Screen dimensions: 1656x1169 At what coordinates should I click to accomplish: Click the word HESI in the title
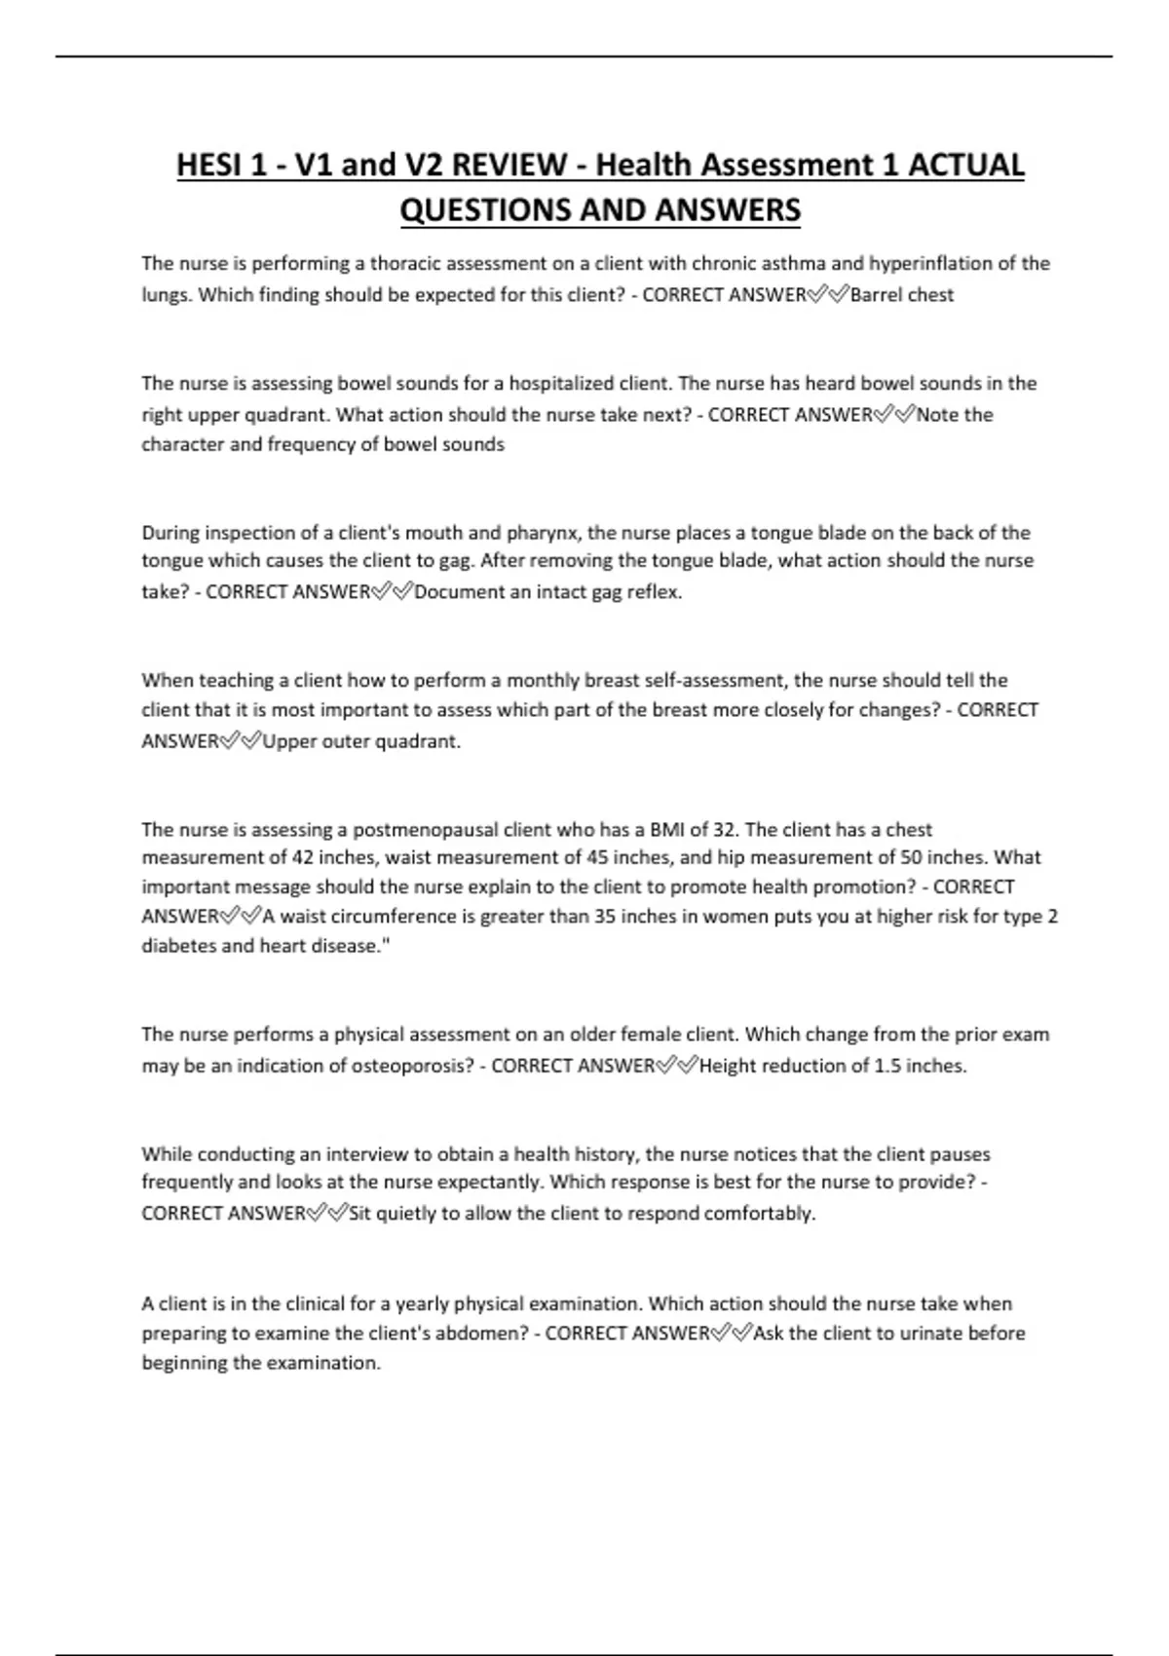[208, 165]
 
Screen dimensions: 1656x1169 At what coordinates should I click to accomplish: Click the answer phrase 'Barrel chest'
[902, 295]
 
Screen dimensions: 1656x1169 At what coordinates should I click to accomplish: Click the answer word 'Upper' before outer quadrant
[289, 741]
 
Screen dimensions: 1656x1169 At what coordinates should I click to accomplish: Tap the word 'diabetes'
[179, 946]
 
